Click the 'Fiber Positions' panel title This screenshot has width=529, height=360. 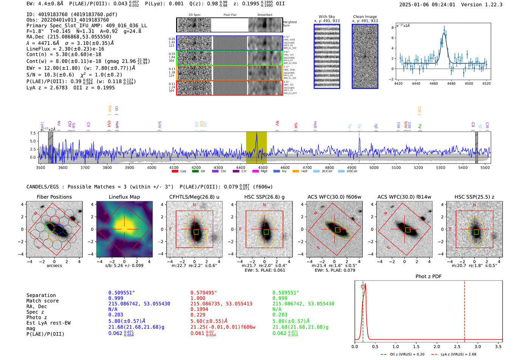pyautogui.click(x=54, y=197)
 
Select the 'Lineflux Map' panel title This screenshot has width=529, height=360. pyautogui.click(x=124, y=197)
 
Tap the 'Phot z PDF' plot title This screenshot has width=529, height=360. pyautogui.click(x=428, y=276)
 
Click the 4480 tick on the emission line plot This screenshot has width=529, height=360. pyautogui.click(x=451, y=83)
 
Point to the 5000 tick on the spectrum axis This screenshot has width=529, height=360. pyautogui.click(x=374, y=168)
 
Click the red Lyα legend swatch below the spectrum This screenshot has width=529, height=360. pyautogui.click(x=175, y=172)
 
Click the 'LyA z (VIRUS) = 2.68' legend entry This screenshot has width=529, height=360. pyautogui.click(x=458, y=354)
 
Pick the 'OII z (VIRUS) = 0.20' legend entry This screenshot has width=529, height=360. pyautogui.click(x=407, y=354)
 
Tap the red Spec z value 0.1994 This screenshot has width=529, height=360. pyautogui.click(x=199, y=309)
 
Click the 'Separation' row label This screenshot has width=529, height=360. pyautogui.click(x=41, y=295)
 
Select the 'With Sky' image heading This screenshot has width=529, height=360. pyautogui.click(x=327, y=17)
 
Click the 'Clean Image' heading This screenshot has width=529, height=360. pyautogui.click(x=365, y=17)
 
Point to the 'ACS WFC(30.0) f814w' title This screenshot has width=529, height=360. pyautogui.click(x=404, y=197)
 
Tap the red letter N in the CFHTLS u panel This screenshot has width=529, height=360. pyautogui.click(x=195, y=205)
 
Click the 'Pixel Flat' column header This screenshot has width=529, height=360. pyautogui.click(x=230, y=15)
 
